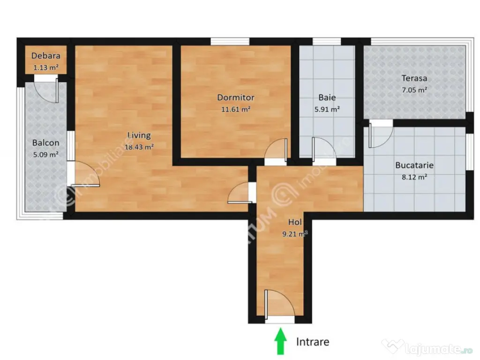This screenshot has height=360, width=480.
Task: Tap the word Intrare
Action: tap(312, 342)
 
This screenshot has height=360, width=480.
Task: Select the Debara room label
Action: tap(45, 56)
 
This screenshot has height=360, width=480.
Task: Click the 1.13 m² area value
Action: tap(45, 67)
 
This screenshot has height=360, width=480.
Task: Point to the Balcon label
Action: tap(45, 142)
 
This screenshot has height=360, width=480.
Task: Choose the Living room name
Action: tap(139, 135)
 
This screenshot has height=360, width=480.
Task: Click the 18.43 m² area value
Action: tap(139, 147)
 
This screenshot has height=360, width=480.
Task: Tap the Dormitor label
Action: tap(235, 97)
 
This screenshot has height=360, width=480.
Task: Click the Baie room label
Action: tap(327, 98)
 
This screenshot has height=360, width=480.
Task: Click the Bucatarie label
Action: tap(414, 165)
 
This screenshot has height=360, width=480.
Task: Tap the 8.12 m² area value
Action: tap(414, 177)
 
